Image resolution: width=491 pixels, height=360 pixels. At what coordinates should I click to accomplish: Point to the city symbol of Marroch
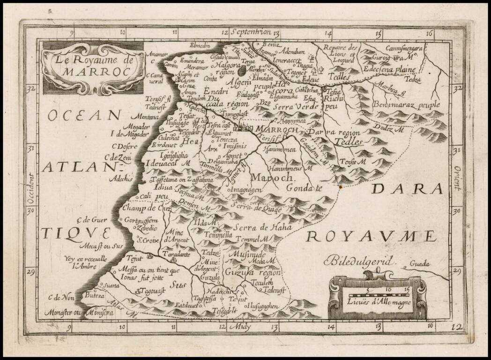click(x=242, y=127)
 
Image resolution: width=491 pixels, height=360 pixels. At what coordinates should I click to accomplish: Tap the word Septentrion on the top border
click(x=251, y=32)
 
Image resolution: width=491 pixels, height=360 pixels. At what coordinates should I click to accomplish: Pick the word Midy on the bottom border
click(x=243, y=327)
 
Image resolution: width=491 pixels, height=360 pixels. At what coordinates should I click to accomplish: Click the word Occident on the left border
click(x=32, y=188)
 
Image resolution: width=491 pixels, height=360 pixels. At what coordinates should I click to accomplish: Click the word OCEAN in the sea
click(x=85, y=114)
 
